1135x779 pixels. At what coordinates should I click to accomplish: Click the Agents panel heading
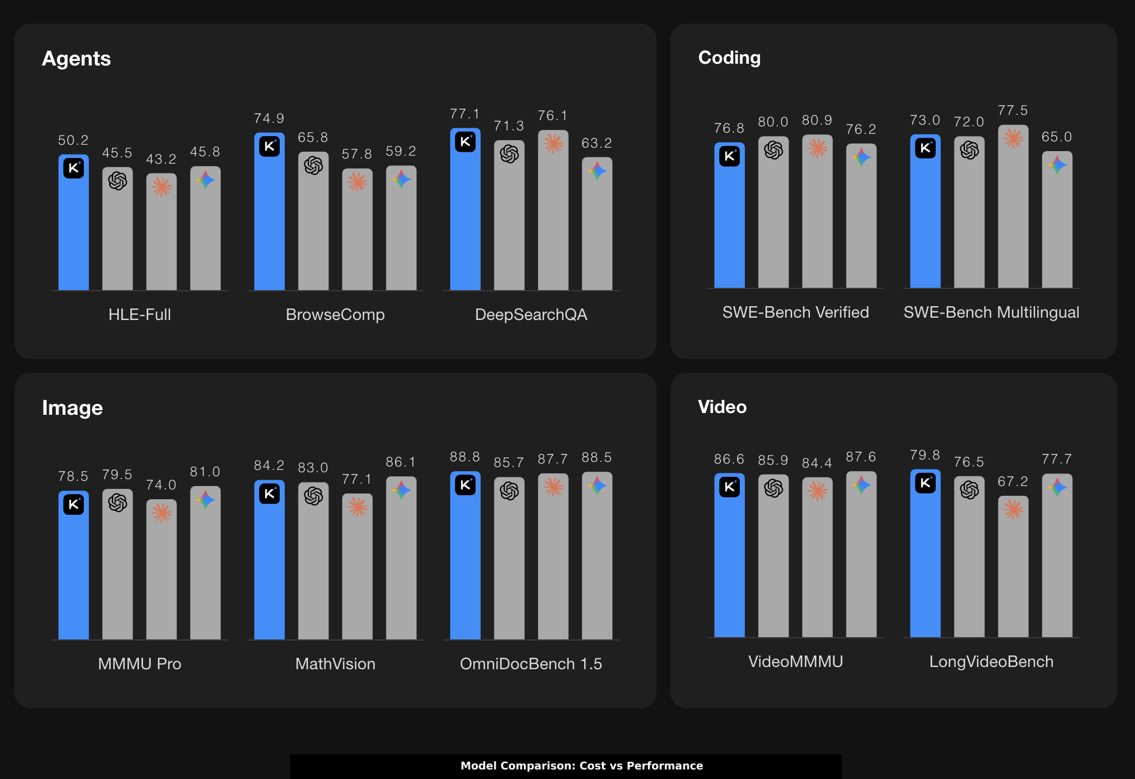tap(76, 59)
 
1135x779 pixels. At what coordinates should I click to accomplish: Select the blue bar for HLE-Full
tap(74, 230)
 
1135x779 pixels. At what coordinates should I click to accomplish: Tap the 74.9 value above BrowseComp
tap(269, 118)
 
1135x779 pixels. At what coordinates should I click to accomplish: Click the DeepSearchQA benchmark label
tap(531, 314)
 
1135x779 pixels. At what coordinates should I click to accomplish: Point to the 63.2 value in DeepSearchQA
tap(597, 143)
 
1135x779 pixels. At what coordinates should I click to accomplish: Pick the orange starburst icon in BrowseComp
tap(357, 182)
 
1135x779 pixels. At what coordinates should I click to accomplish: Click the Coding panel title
tap(729, 57)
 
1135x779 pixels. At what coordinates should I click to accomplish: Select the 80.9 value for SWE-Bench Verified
tap(817, 120)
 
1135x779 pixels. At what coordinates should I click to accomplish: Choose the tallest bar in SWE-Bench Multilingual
tap(1013, 213)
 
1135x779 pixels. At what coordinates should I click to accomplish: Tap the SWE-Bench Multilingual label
tap(991, 312)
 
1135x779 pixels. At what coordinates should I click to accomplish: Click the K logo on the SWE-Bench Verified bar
tap(729, 156)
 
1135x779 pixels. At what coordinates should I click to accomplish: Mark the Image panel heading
tap(72, 408)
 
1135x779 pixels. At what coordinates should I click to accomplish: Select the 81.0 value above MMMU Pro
tap(205, 472)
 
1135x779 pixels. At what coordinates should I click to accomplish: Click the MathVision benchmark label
tap(335, 664)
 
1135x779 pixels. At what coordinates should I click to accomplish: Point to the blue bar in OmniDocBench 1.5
tap(465, 563)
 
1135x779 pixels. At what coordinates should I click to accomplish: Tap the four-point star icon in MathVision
tap(401, 490)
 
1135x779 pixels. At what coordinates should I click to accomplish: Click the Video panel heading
tap(722, 407)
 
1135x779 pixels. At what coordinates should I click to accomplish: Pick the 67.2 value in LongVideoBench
tap(1013, 481)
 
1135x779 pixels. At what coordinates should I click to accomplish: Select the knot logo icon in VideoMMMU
tap(773, 488)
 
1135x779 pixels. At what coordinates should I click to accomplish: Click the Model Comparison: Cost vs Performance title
tap(581, 766)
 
